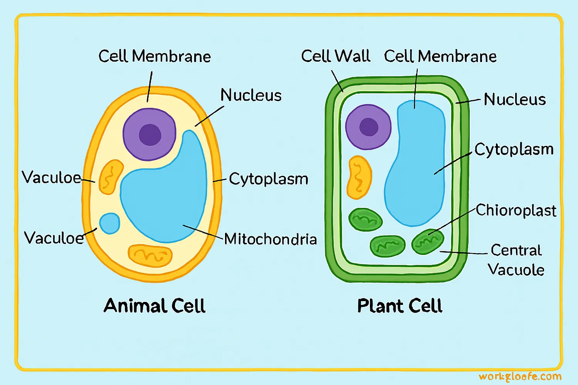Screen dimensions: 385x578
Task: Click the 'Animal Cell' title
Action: pyautogui.click(x=155, y=306)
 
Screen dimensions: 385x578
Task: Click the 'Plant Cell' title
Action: pyautogui.click(x=400, y=306)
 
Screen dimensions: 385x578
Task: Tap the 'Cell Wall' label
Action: pyautogui.click(x=335, y=56)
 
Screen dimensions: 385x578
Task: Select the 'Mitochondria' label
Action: pyautogui.click(x=271, y=239)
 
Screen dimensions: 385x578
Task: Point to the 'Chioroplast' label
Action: pyautogui.click(x=516, y=211)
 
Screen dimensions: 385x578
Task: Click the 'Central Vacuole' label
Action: pyautogui.click(x=516, y=260)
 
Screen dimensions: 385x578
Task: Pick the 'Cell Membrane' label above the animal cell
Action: pyautogui.click(x=155, y=57)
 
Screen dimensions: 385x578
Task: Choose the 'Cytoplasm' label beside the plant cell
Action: pyautogui.click(x=514, y=149)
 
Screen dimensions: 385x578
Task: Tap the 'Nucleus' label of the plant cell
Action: pyautogui.click(x=515, y=100)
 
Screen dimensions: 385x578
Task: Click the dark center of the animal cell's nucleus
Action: pyautogui.click(x=150, y=135)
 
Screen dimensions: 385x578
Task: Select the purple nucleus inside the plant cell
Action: pyautogui.click(x=368, y=127)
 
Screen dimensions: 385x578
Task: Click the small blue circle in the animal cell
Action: pyautogui.click(x=110, y=223)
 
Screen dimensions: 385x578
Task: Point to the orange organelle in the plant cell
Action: pyautogui.click(x=359, y=177)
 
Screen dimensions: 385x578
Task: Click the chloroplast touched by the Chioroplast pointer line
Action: pyautogui.click(x=427, y=242)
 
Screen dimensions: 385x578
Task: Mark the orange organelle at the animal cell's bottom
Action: pyautogui.click(x=150, y=255)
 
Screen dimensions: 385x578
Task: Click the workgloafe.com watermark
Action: pyautogui.click(x=520, y=377)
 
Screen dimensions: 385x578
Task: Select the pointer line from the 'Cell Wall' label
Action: pyautogui.click(x=337, y=81)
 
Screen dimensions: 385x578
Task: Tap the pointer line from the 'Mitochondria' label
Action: pyautogui.click(x=203, y=232)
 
